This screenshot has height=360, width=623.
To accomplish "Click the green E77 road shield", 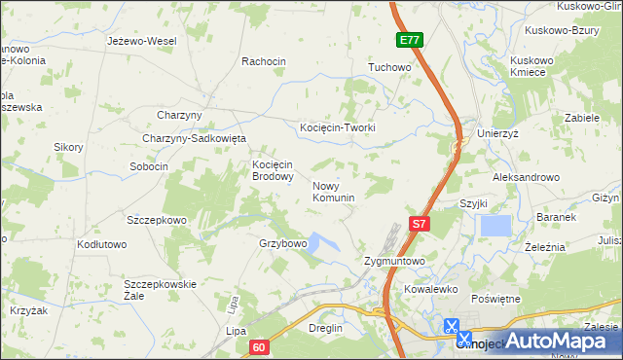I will (409, 40).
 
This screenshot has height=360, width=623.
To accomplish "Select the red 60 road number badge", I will (257, 346).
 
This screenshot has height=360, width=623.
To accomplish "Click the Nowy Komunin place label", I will (333, 191).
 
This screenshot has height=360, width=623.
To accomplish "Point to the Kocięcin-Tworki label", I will (337, 127).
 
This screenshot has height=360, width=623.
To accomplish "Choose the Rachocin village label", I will (263, 61).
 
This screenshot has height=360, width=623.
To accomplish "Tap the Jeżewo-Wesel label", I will (141, 42).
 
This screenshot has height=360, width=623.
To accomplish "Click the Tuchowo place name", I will (388, 68).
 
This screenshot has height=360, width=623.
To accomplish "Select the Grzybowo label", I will (283, 243).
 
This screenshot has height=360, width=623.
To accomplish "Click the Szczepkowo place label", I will (156, 221).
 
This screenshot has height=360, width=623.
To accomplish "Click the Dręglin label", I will (325, 329).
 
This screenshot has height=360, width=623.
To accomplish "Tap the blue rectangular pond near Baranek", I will (495, 226).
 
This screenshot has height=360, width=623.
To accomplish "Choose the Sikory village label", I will (68, 147).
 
